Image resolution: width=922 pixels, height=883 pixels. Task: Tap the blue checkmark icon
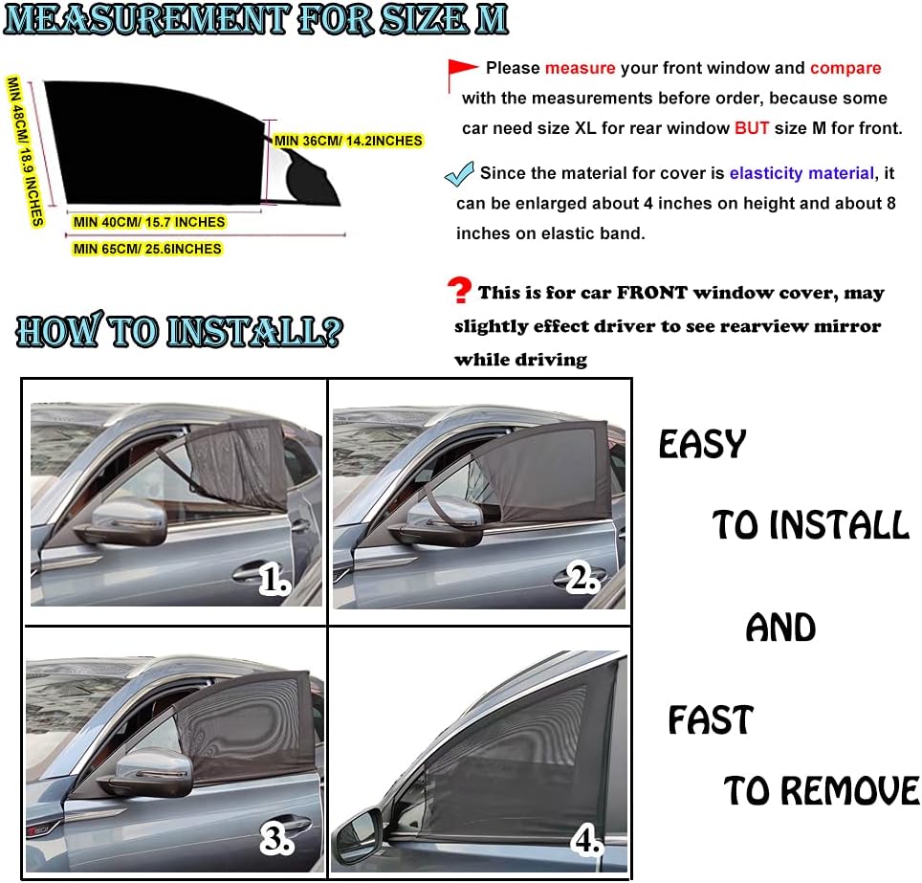pos(460,174)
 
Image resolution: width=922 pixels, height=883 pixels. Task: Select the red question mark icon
pos(460,291)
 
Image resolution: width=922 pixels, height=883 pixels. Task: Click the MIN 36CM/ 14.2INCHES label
pos(348,141)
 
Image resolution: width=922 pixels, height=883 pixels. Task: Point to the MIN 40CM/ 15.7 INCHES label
pos(149,222)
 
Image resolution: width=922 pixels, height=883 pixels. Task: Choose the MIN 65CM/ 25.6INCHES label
pos(147,249)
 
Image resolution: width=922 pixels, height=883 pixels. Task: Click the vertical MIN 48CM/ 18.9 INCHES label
pos(26,150)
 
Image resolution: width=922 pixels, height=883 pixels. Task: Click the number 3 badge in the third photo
pos(277,839)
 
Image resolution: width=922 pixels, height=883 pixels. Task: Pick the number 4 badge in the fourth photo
pos(586,839)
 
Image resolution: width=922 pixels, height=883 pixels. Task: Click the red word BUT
pos(753,128)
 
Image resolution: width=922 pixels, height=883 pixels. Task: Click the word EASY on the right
pos(702,445)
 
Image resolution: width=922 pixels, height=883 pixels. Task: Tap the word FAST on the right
pos(710,720)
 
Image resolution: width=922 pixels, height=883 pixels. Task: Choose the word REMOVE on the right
pos(849,791)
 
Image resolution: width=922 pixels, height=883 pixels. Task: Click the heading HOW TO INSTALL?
pos(179,332)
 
